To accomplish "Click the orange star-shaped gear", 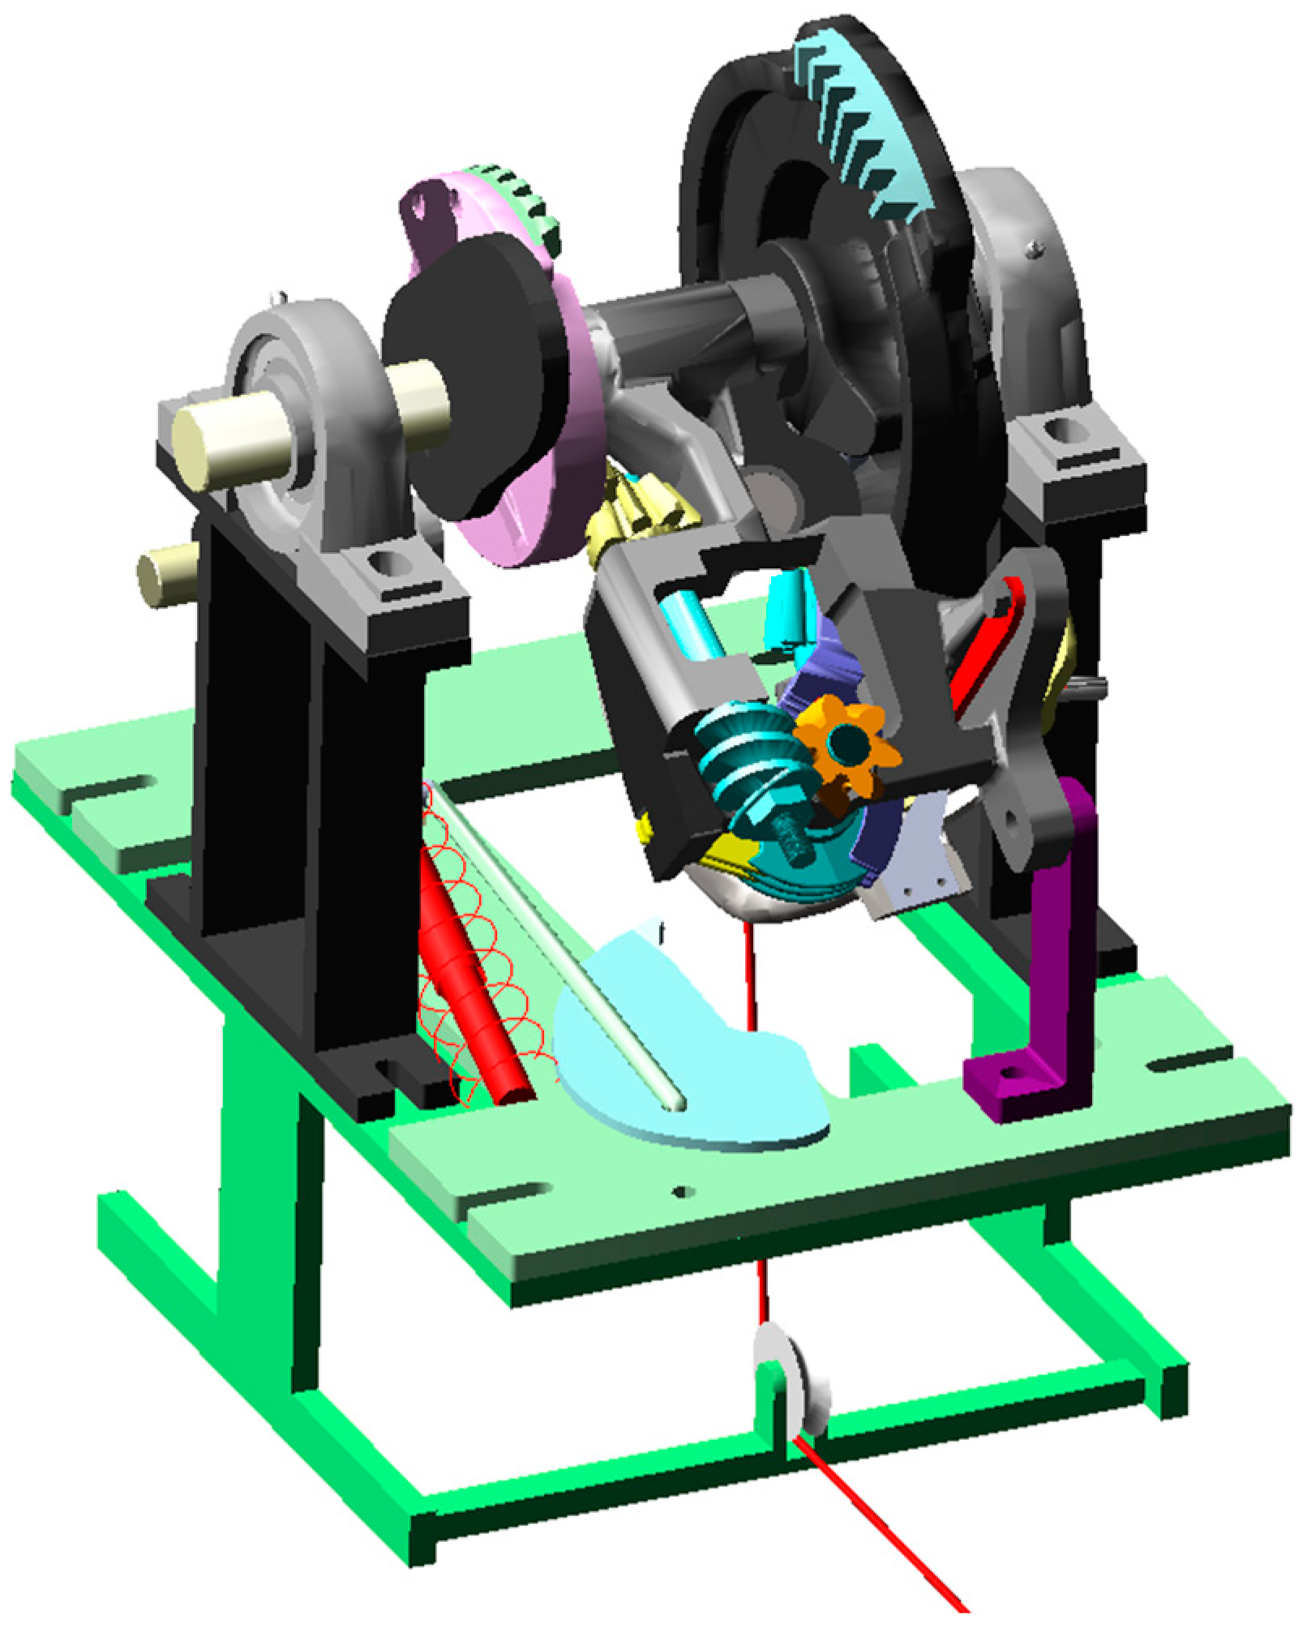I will (846, 744).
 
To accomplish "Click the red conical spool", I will (474, 997).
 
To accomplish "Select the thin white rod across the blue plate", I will (559, 949).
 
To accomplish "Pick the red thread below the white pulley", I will (884, 1524).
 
